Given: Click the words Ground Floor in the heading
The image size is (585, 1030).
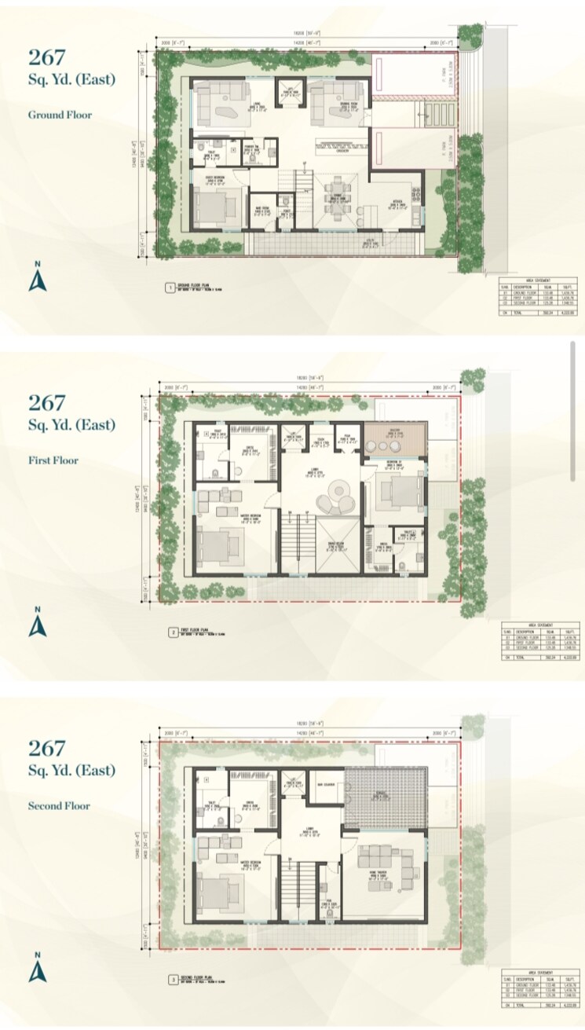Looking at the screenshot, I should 60,115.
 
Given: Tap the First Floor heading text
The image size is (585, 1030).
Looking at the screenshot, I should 54,460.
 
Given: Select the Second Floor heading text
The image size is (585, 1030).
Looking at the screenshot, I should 60,805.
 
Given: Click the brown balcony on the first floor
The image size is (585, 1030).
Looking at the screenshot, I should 394,438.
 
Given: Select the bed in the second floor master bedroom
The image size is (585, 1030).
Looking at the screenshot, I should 221,891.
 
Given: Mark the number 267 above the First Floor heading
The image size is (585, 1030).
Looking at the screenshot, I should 47,402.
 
